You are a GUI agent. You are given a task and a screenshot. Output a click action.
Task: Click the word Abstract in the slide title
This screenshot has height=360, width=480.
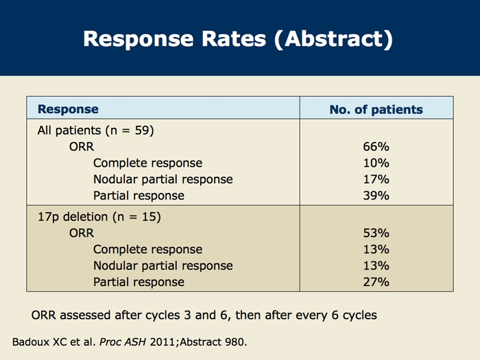pos(334,39)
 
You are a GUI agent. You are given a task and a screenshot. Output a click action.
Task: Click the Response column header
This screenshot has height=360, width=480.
pos(68,109)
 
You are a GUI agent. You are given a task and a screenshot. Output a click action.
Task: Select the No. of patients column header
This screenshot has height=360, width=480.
pos(376,110)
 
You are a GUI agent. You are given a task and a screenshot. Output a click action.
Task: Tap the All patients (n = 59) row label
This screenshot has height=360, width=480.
pos(95,130)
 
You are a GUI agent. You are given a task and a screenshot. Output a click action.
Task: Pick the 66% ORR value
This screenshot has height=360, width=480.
pos(376,147)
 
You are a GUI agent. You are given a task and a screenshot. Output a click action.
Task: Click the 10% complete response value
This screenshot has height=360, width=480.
pos(376,163)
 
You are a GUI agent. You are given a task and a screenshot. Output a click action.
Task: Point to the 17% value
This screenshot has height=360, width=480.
pos(376,179)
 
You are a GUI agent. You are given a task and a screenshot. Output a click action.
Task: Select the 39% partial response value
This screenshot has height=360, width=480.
pos(376,195)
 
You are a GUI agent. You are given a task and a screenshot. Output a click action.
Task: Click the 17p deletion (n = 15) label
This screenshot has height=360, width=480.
pos(99,217)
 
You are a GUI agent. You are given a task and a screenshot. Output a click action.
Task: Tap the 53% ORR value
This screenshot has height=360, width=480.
pos(376,233)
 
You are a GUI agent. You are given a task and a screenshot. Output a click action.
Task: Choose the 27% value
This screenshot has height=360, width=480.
pos(376,282)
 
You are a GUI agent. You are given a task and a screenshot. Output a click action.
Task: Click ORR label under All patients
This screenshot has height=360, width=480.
pos(82,147)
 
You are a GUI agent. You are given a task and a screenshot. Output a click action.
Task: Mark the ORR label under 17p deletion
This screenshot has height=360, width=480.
pos(82,233)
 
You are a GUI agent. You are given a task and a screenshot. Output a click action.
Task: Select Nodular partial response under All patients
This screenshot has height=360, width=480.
pos(163,180)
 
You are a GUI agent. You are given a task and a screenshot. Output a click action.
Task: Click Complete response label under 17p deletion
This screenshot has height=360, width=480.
pos(147,250)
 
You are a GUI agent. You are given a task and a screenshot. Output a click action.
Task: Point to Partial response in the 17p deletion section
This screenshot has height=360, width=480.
pos(139,282)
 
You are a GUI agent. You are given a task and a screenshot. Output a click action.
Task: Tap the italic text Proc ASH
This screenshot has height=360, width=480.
pos(123,342)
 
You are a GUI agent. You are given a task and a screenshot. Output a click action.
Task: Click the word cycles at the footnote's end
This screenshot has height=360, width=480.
pos(360,315)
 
